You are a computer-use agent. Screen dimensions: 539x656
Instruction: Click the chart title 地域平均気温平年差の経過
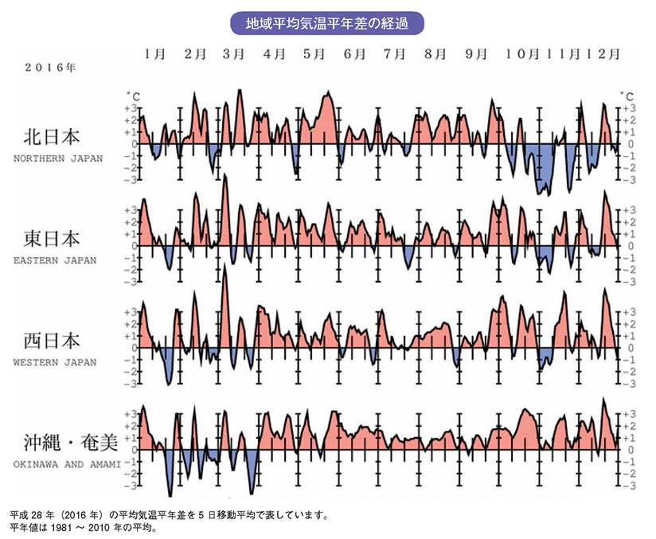[x=326, y=22]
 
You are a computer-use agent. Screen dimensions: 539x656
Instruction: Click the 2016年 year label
[x=49, y=68]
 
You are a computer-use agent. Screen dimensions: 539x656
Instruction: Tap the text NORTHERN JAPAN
[x=58, y=158]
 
